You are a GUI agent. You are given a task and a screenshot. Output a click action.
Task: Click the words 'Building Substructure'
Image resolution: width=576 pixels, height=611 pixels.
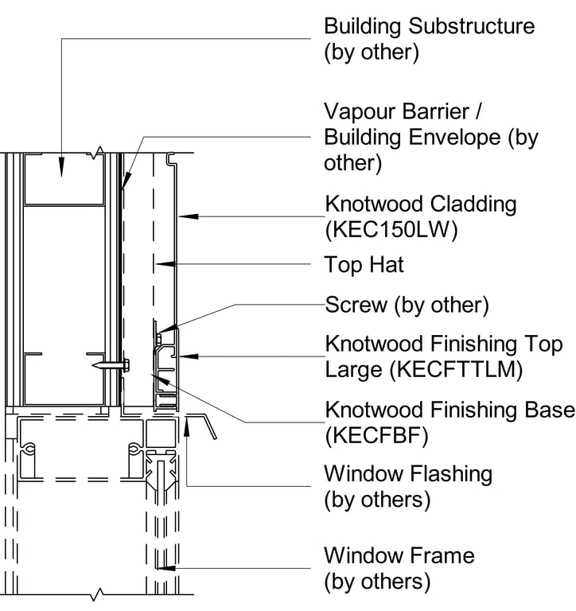[x=429, y=25]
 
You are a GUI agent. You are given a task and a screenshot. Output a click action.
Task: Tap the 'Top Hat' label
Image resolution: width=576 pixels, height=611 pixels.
[x=364, y=264]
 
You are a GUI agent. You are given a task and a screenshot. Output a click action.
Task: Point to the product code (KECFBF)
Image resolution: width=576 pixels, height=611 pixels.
[x=373, y=435]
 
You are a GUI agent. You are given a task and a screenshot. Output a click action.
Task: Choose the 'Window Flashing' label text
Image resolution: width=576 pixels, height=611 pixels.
[x=407, y=474]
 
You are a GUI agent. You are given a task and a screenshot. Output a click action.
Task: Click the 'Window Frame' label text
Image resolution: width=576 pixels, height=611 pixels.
[x=399, y=555]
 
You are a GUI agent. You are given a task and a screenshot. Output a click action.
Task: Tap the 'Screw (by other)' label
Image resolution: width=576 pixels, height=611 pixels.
[x=407, y=305]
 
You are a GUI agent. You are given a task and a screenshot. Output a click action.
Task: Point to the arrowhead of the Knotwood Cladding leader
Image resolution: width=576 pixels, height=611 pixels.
[x=182, y=215]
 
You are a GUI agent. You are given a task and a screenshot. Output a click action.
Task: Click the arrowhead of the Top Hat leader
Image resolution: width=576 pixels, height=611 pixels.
[x=160, y=263]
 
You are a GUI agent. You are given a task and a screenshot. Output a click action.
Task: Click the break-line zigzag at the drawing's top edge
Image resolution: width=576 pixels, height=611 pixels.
[x=99, y=151]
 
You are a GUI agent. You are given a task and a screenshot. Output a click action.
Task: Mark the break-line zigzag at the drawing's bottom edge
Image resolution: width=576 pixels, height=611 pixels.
[x=99, y=593]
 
